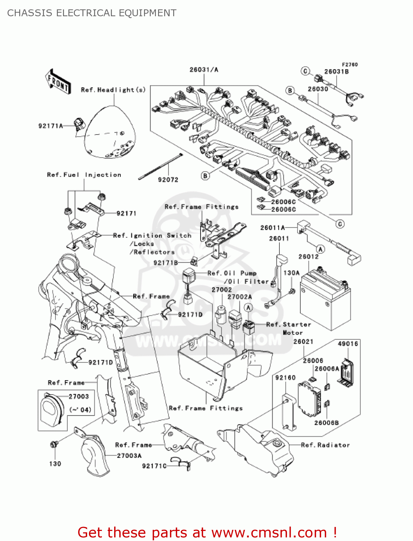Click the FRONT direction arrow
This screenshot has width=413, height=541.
pyautogui.click(x=58, y=82)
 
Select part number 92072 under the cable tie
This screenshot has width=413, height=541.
pyautogui.click(x=168, y=180)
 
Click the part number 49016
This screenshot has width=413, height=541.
pyautogui.click(x=348, y=344)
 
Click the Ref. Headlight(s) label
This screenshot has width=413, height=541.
pyautogui.click(x=113, y=90)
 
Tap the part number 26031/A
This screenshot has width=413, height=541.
pyautogui.click(x=204, y=70)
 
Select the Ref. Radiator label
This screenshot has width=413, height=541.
pyautogui.click(x=325, y=445)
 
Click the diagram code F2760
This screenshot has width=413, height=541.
pyautogui.click(x=350, y=65)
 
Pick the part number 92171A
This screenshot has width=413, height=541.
pyautogui.click(x=50, y=126)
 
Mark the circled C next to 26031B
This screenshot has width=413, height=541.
pyautogui.click(x=305, y=71)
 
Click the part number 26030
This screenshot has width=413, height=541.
pyautogui.click(x=318, y=89)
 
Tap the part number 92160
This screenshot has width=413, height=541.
pyautogui.click(x=285, y=378)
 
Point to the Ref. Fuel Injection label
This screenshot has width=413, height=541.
pyautogui.click(x=84, y=175)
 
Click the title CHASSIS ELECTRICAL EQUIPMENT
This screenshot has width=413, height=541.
pyautogui.click(x=92, y=13)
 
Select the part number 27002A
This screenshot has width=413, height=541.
pyautogui.click(x=239, y=297)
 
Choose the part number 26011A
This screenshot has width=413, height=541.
pyautogui.click(x=272, y=228)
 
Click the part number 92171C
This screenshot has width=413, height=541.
pyautogui.click(x=154, y=466)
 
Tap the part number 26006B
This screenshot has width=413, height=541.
pyautogui.click(x=326, y=423)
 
